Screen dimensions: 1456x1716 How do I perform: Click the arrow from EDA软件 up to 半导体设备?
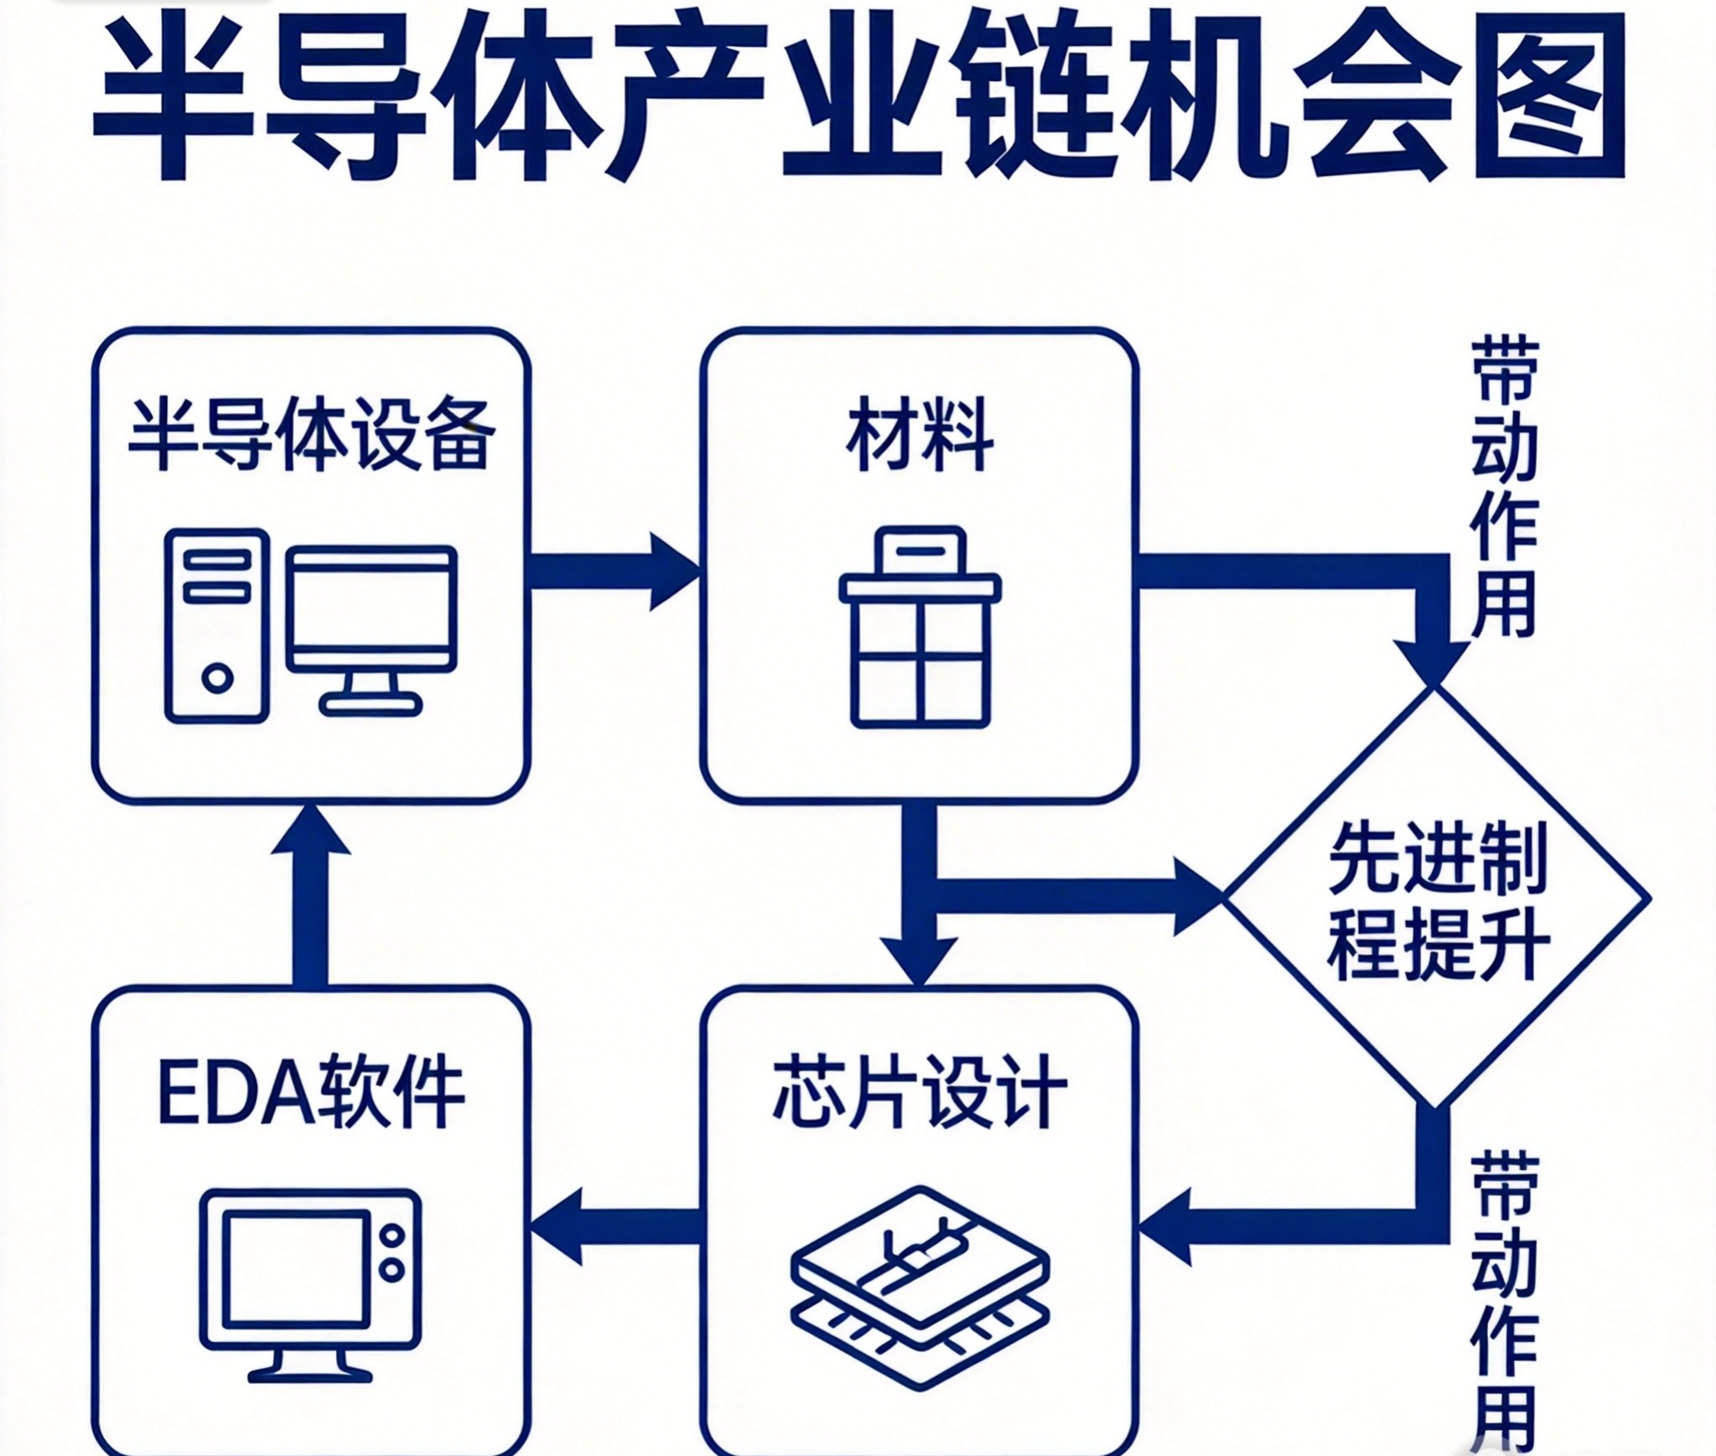point(311,893)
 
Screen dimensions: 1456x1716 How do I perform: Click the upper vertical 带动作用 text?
point(1505,487)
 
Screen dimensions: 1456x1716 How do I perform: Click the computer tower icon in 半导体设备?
point(217,625)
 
